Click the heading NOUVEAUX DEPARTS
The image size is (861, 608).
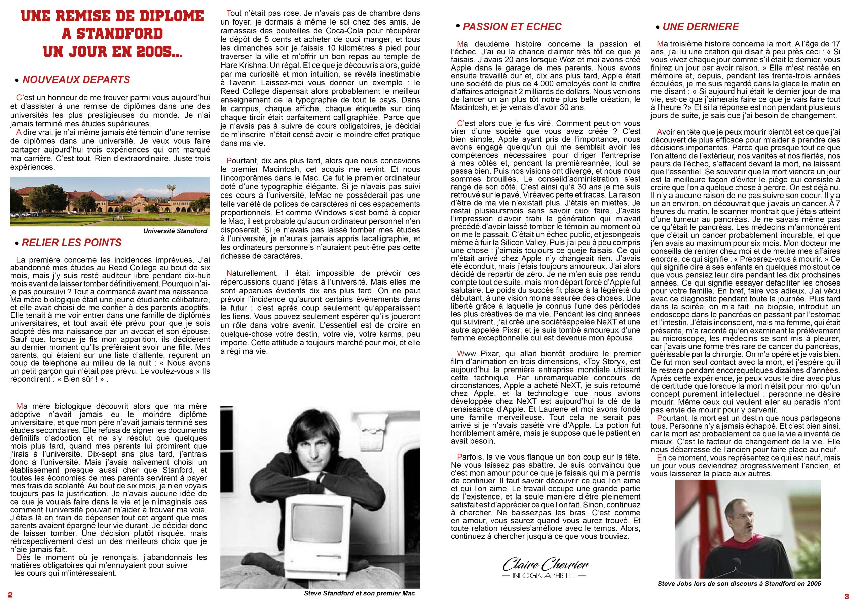(x=76, y=80)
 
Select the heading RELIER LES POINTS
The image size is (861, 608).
(x=72, y=243)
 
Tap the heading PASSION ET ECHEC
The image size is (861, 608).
(x=512, y=27)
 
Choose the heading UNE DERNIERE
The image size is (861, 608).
(x=701, y=27)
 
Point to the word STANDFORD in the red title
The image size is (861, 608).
(x=112, y=34)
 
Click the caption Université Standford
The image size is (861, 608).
(x=175, y=231)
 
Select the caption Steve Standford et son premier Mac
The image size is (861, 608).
(x=359, y=593)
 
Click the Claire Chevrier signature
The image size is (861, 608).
(x=545, y=564)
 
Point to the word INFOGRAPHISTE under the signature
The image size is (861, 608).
(x=544, y=575)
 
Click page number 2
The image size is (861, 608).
(x=10, y=595)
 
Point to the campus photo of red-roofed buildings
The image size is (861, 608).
(x=110, y=202)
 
